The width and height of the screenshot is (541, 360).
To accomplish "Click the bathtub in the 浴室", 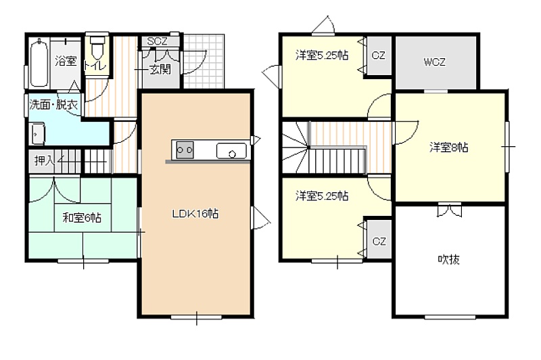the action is point(39,63).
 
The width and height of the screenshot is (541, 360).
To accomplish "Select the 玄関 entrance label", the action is point(160,70).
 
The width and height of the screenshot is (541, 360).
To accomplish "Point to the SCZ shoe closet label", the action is point(157,41).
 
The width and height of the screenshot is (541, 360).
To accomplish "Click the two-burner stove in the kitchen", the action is point(185,150).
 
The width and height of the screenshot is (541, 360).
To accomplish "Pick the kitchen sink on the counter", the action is point(231,151).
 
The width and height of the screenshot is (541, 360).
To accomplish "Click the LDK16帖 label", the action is point(195,214).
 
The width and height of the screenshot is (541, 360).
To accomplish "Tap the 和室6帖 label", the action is point(82,218).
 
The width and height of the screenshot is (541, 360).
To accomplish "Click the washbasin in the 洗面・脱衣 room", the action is point(38,133).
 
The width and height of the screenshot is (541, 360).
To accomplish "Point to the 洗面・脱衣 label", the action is point(53,105).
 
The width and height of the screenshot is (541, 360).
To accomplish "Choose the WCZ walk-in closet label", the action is point(434,62).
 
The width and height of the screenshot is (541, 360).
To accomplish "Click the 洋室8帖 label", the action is point(449,148).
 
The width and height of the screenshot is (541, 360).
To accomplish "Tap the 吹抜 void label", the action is point(448,259).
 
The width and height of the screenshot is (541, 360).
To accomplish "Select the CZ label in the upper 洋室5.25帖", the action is point(379,55).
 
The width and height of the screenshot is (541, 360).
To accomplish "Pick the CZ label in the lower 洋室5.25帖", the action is point(379,241).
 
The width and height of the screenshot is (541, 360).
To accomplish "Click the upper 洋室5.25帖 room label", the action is point(322,55).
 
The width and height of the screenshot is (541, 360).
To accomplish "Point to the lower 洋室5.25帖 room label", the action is point(322,196).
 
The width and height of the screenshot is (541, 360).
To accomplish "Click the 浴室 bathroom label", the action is point(66,62).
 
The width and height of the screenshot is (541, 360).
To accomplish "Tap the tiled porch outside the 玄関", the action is point(204,62).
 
